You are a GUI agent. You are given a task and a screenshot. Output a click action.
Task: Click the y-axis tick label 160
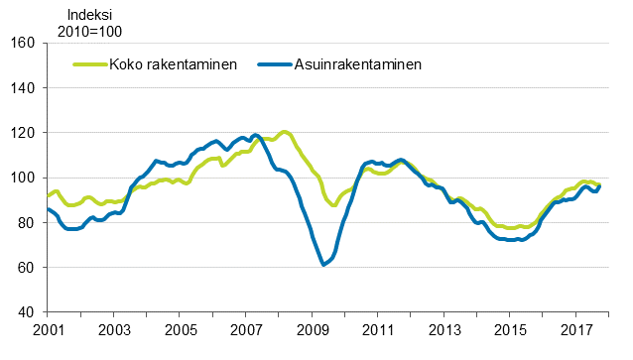point(24,43)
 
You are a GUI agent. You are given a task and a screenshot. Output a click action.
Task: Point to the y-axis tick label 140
point(24,88)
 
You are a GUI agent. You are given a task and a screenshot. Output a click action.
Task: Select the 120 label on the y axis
point(24,133)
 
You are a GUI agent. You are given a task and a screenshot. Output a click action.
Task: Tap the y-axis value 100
point(24,178)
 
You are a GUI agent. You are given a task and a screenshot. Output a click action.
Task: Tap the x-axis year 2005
point(180,330)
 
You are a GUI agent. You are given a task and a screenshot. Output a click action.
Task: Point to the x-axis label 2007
point(246,330)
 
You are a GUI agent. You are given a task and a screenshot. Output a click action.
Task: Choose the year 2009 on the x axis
point(313,330)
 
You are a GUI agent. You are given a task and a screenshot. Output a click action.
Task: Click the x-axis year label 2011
point(378,330)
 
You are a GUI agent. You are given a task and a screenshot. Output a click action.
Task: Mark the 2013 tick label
point(444,330)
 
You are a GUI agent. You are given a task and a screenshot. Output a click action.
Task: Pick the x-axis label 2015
point(511,330)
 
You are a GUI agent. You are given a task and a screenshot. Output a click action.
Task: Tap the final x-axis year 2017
point(577,330)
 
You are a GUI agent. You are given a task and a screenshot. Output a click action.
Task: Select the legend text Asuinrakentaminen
point(357,65)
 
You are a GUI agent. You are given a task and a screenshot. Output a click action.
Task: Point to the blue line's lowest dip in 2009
point(323,265)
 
